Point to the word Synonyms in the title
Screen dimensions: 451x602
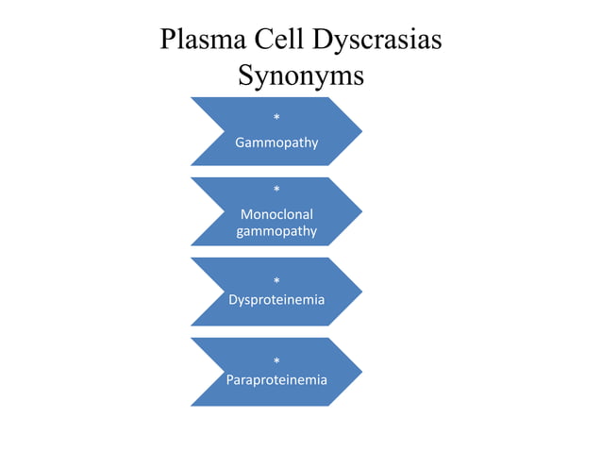click(x=301, y=76)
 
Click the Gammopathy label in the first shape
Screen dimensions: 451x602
click(x=276, y=143)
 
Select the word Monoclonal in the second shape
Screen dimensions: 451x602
click(x=276, y=214)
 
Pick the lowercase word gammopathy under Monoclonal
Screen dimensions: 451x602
click(x=276, y=231)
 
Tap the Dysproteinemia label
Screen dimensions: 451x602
click(x=276, y=300)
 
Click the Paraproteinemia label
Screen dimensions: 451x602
click(x=276, y=380)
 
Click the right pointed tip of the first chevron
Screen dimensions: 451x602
click(x=361, y=131)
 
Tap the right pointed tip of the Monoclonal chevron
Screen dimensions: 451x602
click(x=361, y=211)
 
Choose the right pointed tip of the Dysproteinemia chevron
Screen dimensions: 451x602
click(x=361, y=292)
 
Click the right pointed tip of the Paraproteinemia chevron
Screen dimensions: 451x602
click(x=361, y=372)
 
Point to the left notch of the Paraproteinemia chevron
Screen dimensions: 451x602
click(x=225, y=372)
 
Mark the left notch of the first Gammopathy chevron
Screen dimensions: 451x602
click(x=225, y=131)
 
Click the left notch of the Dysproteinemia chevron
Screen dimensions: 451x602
click(x=225, y=292)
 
